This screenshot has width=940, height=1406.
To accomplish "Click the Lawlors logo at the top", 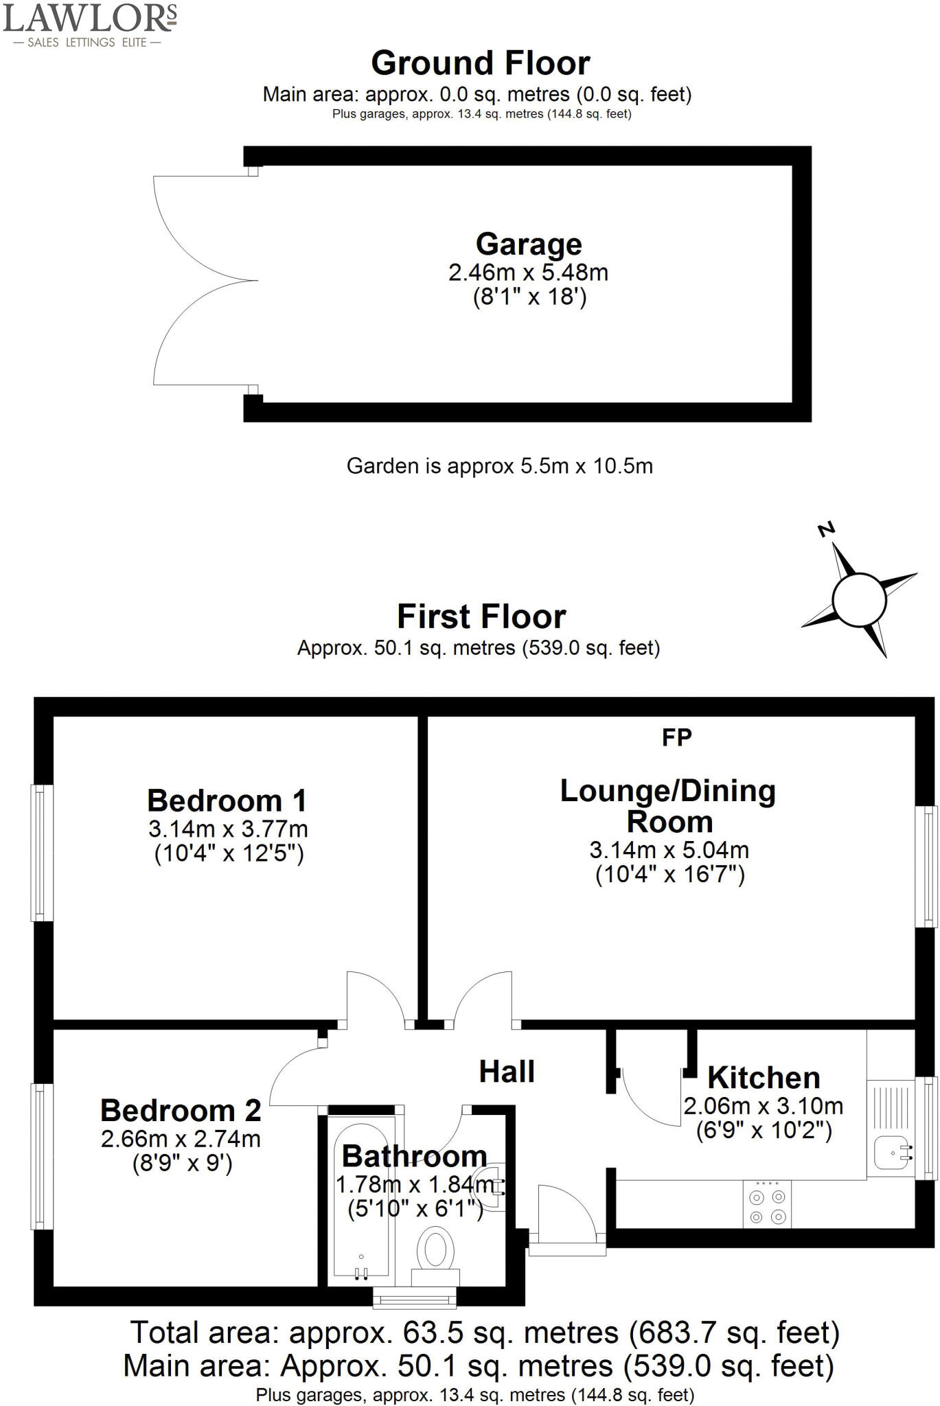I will [x=90, y=24].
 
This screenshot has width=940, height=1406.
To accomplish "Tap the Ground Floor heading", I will [x=480, y=63].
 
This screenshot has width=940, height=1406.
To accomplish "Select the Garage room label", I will [x=529, y=244].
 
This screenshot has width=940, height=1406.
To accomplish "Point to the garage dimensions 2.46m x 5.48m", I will [x=529, y=273].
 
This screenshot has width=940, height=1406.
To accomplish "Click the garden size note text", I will [x=499, y=466].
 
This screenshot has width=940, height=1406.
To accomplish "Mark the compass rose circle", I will [x=859, y=600].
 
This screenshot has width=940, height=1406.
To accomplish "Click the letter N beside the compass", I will [x=827, y=529].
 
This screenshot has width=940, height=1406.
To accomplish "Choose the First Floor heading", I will [x=481, y=616].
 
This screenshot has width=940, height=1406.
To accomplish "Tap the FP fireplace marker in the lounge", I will [x=676, y=737].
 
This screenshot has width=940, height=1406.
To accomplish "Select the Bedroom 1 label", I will [x=227, y=800].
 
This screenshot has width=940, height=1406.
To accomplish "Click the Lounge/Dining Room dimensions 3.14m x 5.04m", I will [x=669, y=850].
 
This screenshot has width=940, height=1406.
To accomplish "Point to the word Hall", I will [x=507, y=1072].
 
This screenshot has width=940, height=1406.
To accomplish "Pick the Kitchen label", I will [x=764, y=1078].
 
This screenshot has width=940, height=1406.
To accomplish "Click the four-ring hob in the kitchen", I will [x=767, y=1206].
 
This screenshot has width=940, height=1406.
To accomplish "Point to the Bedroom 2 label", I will [x=181, y=1110].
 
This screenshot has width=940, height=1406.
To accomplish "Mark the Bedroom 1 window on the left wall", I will [x=43, y=853].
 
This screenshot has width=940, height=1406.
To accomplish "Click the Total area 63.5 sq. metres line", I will [x=485, y=1333].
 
